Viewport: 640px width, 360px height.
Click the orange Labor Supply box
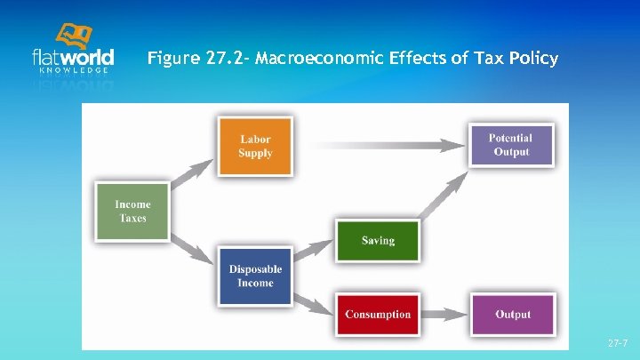point(255,146)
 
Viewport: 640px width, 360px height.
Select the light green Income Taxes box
point(132,212)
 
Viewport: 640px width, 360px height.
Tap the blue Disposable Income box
point(255,276)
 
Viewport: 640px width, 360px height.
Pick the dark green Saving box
point(378,240)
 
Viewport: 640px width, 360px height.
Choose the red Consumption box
point(378,314)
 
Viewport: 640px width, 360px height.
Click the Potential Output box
point(510,145)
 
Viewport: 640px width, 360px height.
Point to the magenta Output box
point(512,314)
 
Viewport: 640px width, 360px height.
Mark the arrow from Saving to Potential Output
point(444,201)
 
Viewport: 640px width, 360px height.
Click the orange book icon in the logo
point(75,36)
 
